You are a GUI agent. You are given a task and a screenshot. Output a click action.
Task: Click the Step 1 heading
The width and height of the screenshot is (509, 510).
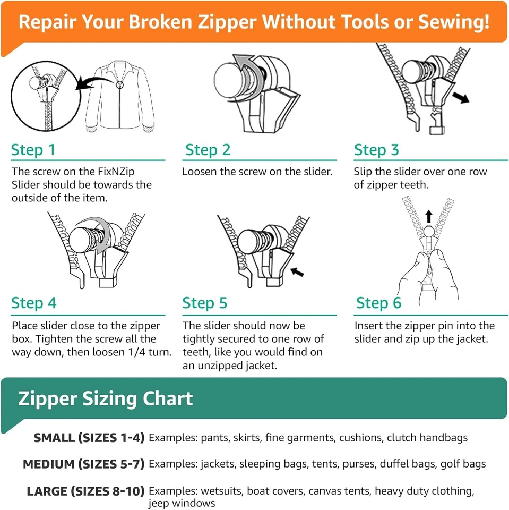tap(33, 150)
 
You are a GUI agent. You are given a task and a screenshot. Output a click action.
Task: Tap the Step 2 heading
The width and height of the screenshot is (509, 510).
tap(208, 150)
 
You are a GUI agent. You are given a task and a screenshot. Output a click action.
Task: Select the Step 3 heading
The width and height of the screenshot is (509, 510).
tap(376, 150)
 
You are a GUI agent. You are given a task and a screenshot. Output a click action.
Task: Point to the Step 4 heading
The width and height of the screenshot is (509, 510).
tap(34, 303)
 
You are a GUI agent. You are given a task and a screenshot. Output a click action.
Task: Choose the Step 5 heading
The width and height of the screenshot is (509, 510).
tap(205, 303)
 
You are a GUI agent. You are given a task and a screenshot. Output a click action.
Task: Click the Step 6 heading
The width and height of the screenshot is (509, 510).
tap(378, 303)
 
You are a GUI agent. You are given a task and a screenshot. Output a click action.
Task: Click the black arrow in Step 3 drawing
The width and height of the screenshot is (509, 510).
tap(461, 97)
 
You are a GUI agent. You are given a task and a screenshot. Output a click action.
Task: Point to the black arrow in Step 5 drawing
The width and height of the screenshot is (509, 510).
tap(297, 272)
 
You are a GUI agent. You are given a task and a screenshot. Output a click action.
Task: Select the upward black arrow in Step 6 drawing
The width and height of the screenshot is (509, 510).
tap(429, 216)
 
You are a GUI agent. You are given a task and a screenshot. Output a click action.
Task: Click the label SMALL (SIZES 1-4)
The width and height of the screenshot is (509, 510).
tap(89, 438)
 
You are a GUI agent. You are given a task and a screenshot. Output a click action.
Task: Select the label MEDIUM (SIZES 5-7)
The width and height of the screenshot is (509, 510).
tap(83, 464)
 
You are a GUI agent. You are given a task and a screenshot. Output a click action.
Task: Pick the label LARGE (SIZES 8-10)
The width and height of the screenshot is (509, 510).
tap(85, 491)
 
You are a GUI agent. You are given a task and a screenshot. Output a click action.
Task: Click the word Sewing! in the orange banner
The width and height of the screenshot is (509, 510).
tap(454, 22)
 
